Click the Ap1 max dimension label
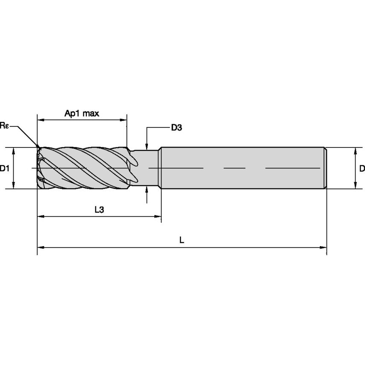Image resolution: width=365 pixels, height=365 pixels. pyautogui.click(x=82, y=114)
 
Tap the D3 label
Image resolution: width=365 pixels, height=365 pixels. pyautogui.click(x=177, y=127)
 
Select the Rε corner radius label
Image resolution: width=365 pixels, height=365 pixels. pyautogui.click(x=5, y=125)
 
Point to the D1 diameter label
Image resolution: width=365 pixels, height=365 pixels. pyautogui.click(x=5, y=168)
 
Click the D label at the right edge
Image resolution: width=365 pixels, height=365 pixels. pyautogui.click(x=362, y=168)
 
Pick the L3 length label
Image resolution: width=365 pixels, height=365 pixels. pyautogui.click(x=99, y=210)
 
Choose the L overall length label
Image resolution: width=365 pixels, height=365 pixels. pyautogui.click(x=182, y=240)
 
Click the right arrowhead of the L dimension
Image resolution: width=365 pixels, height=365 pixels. pyautogui.click(x=324, y=247)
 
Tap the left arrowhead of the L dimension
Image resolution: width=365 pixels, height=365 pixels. pyautogui.click(x=40, y=247)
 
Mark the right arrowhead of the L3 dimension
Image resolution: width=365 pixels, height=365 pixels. pyautogui.click(x=158, y=217)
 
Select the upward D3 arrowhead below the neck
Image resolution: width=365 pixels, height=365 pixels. pyautogui.click(x=147, y=190)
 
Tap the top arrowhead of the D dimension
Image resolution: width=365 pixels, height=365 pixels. pyautogui.click(x=356, y=150)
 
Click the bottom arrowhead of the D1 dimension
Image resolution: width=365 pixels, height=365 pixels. pyautogui.click(x=14, y=185)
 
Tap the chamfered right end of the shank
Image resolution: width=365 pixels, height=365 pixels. pyautogui.click(x=325, y=168)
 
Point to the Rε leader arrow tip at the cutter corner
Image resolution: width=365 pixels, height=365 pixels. pyautogui.click(x=39, y=148)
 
